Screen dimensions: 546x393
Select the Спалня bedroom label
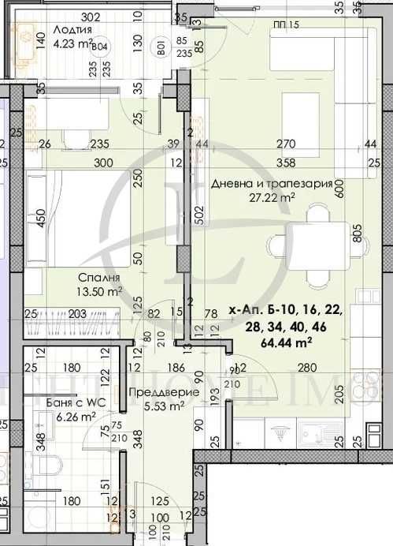coord(98,278)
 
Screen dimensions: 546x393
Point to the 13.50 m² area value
coord(98,291)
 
